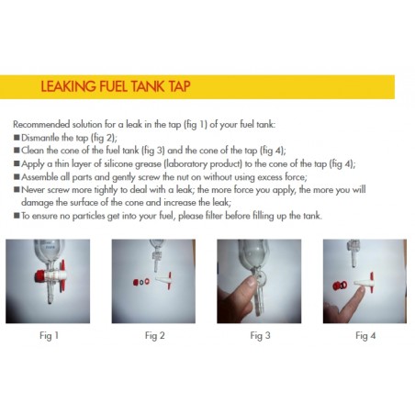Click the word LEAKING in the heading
[x=68, y=87]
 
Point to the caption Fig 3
[x=262, y=336]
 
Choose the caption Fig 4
[x=366, y=336]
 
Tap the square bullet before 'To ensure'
[x=17, y=214]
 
